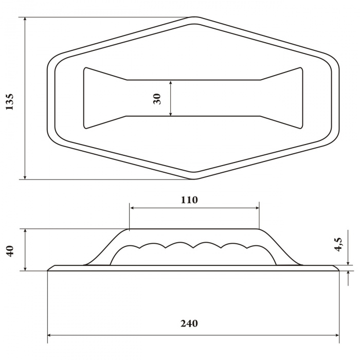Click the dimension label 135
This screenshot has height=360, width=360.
pyautogui.click(x=10, y=102)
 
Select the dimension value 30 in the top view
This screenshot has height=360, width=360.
pyautogui.click(x=157, y=99)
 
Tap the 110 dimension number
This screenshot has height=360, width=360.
pyautogui.click(x=189, y=200)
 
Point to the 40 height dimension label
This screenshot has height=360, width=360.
pyautogui.click(x=11, y=251)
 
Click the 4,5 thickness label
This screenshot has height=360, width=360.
pyautogui.click(x=338, y=244)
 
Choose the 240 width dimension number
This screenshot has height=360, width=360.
pyautogui.click(x=189, y=323)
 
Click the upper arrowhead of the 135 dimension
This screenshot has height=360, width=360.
pyautogui.click(x=25, y=20)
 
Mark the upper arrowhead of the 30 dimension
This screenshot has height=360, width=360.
pyautogui.click(x=170, y=83)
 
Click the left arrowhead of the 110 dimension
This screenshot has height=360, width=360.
pyautogui.click(x=133, y=208)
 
